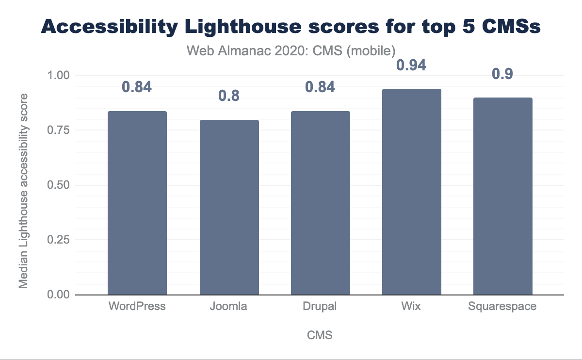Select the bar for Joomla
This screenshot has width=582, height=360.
coord(229,207)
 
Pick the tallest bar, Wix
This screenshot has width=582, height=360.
coord(412,192)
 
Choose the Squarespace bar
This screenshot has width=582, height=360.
coord(503,196)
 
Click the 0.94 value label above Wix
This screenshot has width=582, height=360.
coord(412,65)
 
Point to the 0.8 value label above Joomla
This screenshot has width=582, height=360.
coord(229,96)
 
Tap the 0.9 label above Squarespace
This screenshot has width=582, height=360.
coord(503,74)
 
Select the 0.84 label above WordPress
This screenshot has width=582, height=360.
coord(137,87)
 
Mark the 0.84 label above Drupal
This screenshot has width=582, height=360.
coord(320,87)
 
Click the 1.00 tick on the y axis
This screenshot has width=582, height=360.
coord(59,76)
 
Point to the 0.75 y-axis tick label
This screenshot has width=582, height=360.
coord(59,131)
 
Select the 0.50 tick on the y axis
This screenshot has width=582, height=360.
coord(59,185)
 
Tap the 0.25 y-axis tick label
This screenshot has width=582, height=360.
coord(59,240)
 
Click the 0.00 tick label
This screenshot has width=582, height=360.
coord(59,295)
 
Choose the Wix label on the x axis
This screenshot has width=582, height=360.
coord(412,307)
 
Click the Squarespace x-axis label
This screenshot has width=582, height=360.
coord(503,307)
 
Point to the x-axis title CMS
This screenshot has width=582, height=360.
coord(320,335)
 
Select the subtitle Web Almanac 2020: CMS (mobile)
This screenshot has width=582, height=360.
coord(291,49)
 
